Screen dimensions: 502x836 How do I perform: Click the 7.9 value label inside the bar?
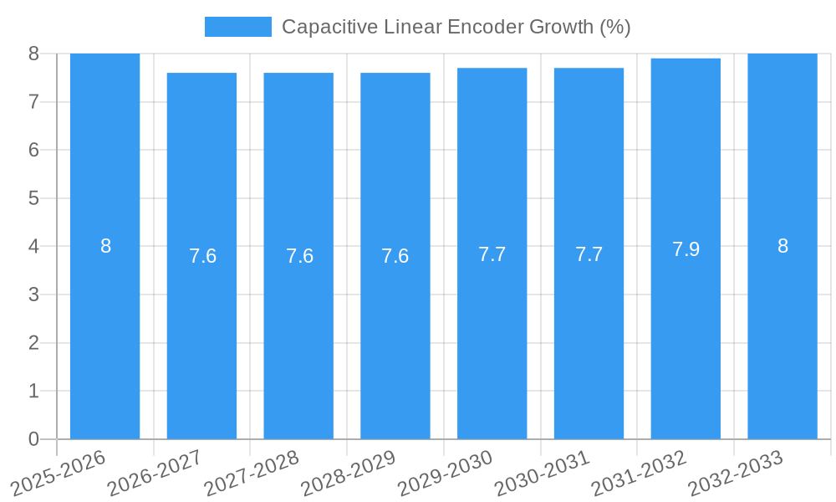pyautogui.click(x=686, y=249)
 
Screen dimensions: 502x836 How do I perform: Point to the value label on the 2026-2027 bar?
pyautogui.click(x=202, y=256)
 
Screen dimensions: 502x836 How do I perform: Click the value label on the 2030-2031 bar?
pyautogui.click(x=589, y=254)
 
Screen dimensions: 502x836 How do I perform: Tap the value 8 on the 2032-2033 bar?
pyautogui.click(x=782, y=246)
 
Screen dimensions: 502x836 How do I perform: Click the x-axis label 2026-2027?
pyautogui.click(x=155, y=474)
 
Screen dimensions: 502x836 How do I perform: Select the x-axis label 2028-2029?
pyautogui.click(x=348, y=474)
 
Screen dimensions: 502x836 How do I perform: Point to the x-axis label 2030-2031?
pyautogui.click(x=542, y=474)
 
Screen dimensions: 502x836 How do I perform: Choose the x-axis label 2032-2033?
pyautogui.click(x=735, y=474)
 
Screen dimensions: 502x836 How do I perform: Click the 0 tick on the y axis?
pyautogui.click(x=33, y=439)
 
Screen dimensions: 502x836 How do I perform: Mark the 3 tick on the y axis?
pyautogui.click(x=33, y=295)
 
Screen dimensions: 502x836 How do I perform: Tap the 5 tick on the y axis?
pyautogui.click(x=33, y=198)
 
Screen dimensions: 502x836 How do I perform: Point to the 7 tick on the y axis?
pyautogui.click(x=33, y=102)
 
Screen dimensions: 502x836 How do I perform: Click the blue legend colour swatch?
pyautogui.click(x=238, y=27)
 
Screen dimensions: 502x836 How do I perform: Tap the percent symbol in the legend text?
pyautogui.click(x=614, y=27)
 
